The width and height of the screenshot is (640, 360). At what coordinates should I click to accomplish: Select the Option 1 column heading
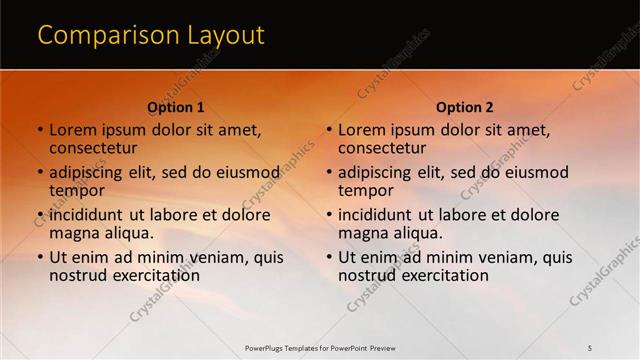(x=176, y=107)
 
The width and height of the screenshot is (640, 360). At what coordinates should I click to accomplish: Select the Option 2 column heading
(x=465, y=107)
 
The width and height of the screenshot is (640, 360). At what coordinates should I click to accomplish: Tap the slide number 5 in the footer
(x=590, y=347)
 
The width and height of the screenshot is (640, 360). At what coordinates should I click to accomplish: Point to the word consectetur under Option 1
(x=92, y=149)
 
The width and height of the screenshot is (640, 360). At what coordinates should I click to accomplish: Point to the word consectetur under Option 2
(x=381, y=149)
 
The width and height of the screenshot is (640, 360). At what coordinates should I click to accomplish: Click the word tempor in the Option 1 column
(x=77, y=191)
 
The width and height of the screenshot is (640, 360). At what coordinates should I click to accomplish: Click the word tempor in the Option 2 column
(x=366, y=191)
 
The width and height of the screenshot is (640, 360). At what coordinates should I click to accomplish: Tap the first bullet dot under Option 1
(x=40, y=130)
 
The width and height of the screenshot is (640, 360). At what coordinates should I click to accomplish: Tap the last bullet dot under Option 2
(x=329, y=257)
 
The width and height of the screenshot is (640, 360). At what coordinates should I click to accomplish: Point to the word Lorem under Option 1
(x=72, y=130)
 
